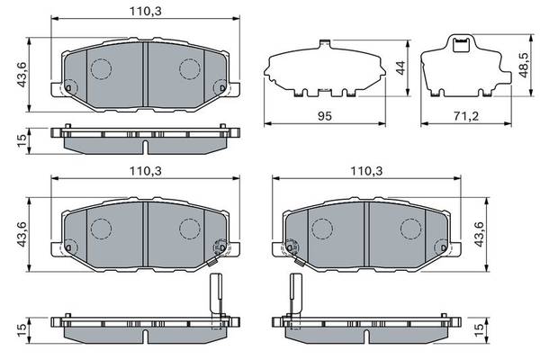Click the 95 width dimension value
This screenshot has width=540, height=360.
[324, 116]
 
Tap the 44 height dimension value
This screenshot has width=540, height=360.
[400, 67]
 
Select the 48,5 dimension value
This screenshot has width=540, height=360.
[523, 65]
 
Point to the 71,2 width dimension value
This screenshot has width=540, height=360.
[466, 116]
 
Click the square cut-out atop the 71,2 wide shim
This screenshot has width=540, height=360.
[461, 45]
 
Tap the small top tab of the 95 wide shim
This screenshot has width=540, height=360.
[325, 42]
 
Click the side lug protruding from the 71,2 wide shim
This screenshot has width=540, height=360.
[505, 76]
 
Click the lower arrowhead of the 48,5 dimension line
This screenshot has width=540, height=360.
[531, 92]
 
